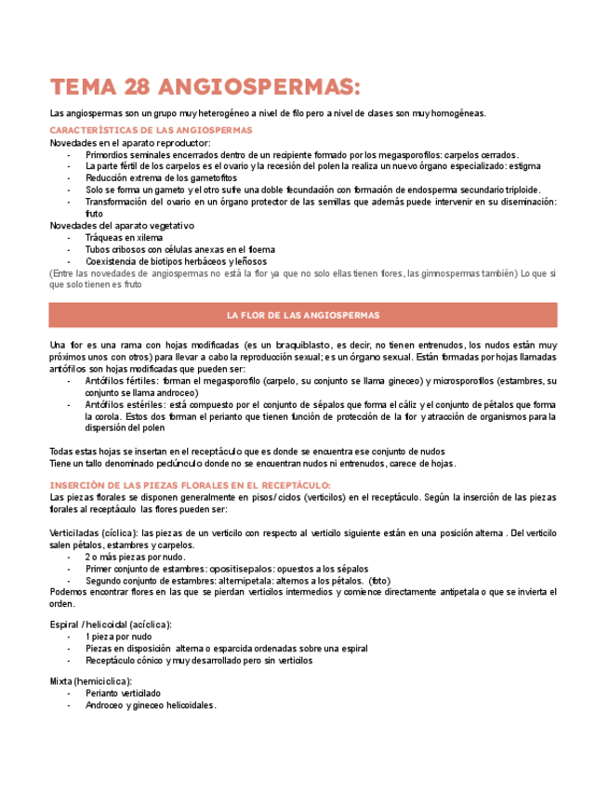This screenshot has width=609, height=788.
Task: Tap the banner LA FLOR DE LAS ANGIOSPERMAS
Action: [x=303, y=315]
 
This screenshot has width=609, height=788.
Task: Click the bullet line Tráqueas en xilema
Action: [x=124, y=237]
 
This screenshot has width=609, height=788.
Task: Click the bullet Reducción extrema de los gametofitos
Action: [x=162, y=177]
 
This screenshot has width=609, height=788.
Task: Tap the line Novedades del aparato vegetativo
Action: [x=122, y=225]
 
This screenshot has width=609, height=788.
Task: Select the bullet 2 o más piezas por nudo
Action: [x=137, y=557]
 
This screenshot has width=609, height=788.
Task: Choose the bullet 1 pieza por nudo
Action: [x=118, y=637]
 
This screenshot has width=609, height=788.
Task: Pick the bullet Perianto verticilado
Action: [x=123, y=693]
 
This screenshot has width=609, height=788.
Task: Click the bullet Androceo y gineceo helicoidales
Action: [x=151, y=705]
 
